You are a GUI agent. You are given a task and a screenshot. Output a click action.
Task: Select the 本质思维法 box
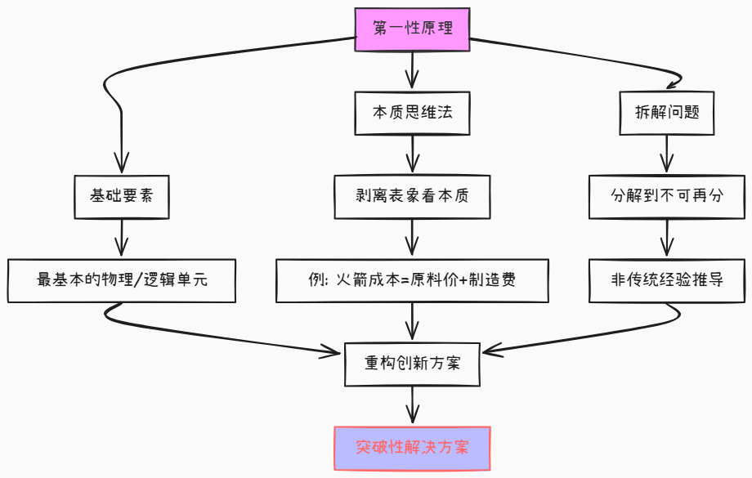point(413,113)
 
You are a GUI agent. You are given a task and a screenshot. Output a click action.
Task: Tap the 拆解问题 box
point(667,113)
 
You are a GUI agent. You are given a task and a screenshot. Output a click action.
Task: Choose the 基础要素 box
point(122,197)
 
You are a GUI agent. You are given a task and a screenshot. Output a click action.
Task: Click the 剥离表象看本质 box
point(413,197)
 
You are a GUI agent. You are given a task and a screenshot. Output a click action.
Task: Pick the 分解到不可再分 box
point(667,197)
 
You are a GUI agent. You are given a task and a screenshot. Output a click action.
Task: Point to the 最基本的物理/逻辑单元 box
point(122,280)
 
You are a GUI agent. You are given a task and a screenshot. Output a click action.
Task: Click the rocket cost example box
point(413,280)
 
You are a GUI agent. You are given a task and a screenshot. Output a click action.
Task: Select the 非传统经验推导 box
point(667,280)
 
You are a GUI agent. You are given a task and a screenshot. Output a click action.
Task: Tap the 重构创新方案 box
point(413,363)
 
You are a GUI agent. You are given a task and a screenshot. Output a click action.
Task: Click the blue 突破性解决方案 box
point(413,448)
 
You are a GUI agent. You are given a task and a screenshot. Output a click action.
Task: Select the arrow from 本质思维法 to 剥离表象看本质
point(413,154)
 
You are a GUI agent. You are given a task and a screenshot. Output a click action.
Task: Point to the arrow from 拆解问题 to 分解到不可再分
point(667,154)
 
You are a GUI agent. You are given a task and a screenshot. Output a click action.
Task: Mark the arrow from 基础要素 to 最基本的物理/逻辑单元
point(122,239)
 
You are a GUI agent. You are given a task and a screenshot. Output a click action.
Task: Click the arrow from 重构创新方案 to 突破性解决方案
point(413,404)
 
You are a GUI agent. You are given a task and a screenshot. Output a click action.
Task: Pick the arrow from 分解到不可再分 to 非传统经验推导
point(667,239)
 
